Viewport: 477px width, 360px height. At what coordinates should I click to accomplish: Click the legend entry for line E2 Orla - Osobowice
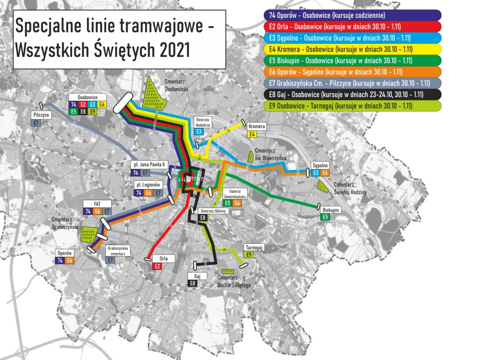351,27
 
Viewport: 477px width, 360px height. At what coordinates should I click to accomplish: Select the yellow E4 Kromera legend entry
351,49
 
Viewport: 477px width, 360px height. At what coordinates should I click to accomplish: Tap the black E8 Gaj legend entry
351,94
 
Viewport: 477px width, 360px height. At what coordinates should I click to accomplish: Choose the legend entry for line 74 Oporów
351,15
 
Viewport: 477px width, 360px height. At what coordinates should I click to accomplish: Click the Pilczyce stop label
41,115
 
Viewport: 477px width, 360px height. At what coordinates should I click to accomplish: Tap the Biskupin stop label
330,210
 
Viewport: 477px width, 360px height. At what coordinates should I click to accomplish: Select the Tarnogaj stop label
254,247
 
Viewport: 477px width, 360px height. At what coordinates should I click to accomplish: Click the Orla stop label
164,259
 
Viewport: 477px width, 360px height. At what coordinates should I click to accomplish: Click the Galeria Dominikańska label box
238,193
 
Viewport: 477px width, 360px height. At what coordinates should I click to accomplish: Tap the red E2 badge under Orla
158,266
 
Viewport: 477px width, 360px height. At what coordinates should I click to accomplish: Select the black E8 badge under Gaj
192,283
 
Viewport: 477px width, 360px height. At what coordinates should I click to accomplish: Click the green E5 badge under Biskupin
325,217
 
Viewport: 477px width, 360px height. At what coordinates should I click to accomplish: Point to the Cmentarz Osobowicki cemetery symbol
153,93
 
